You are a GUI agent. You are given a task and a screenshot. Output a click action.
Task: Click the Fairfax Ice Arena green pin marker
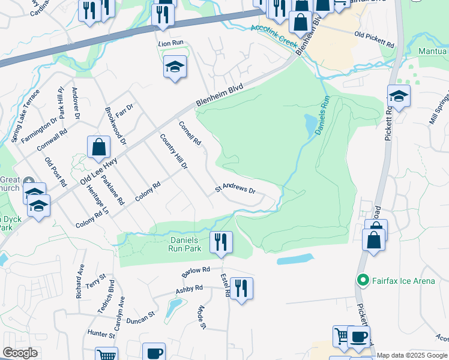(363, 280)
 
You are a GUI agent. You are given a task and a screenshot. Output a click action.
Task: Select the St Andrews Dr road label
(236, 189)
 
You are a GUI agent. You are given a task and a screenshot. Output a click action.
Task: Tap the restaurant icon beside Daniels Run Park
(221, 242)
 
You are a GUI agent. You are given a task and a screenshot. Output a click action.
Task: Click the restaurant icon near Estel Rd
(241, 287)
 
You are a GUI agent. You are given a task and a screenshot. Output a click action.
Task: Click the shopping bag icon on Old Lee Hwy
(98, 147)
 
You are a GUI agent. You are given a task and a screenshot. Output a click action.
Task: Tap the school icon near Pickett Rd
(399, 95)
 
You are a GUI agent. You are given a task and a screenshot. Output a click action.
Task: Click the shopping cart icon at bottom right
(342, 335)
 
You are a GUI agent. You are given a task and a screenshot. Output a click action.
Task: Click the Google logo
(20, 353)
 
